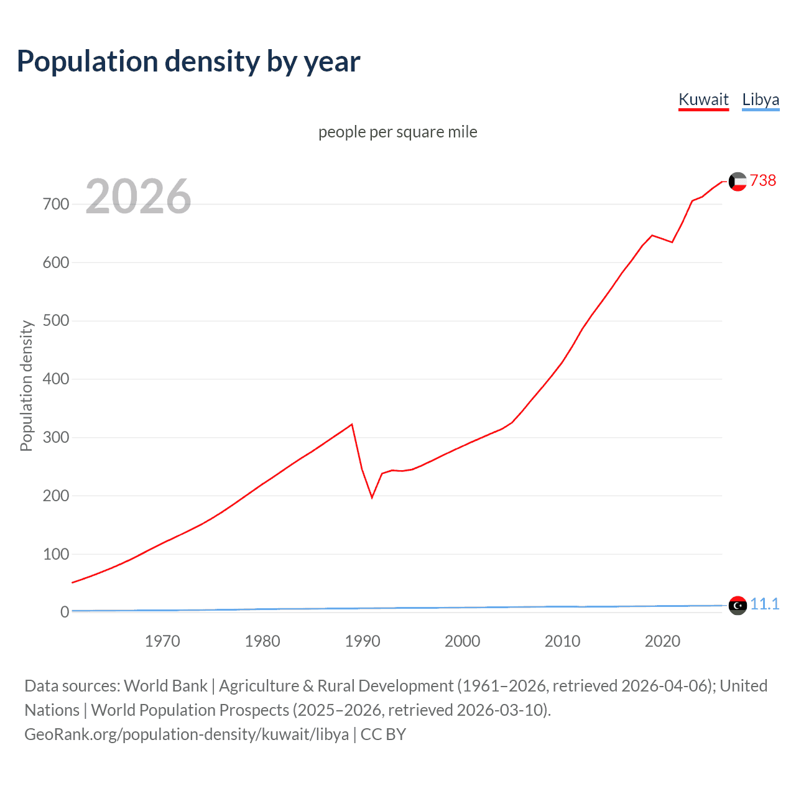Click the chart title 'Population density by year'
(188, 61)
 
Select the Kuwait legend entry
(703, 99)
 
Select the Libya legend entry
(761, 99)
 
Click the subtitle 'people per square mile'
(398, 132)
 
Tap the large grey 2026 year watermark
(138, 197)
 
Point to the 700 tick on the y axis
(56, 204)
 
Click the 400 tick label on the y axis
(56, 379)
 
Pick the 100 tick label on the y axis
(56, 554)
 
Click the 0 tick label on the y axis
(65, 612)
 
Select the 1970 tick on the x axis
(162, 641)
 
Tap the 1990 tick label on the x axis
(363, 641)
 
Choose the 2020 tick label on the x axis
(662, 641)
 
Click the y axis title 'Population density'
(26, 386)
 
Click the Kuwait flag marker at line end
(738, 182)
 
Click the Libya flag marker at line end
(738, 605)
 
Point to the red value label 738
(763, 180)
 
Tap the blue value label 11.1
(764, 604)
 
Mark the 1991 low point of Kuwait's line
(372, 497)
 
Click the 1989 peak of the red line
(352, 424)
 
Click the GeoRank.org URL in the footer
(187, 734)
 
